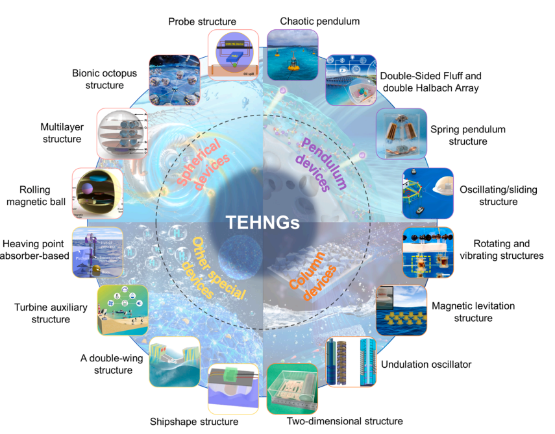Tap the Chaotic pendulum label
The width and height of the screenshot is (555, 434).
[319, 21]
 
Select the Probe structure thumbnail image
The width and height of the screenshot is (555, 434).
[233, 54]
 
